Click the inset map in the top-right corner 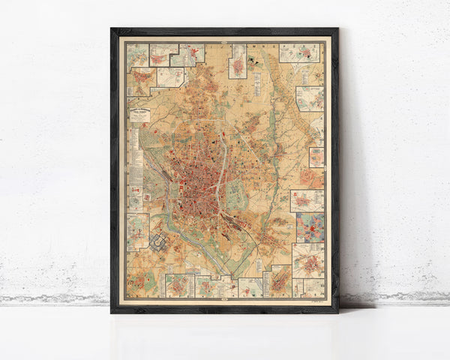(300, 52)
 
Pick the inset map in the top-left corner (136, 55)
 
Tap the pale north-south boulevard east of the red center (222, 161)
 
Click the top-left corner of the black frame (112, 30)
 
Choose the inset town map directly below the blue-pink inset (308, 259)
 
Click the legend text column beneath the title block (136, 150)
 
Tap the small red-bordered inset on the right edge (316, 157)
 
